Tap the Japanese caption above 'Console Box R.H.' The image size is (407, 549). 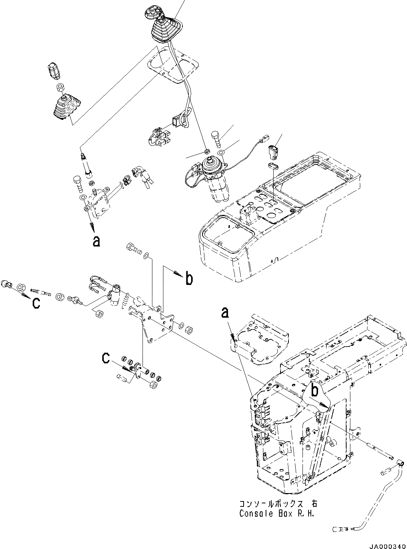tap(278, 503)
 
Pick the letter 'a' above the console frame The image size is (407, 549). tap(225, 313)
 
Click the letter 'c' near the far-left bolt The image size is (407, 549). tap(36, 303)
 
